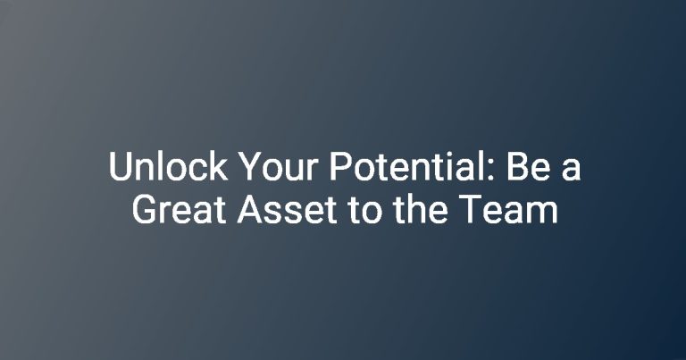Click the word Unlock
coord(168,166)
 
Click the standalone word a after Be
coord(571,170)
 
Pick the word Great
coord(180,209)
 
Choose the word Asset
coord(288,209)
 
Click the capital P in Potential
coord(341,166)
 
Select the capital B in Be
coord(517,166)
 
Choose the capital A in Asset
coord(251,209)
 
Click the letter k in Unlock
coord(219,165)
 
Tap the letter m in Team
coord(543,213)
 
